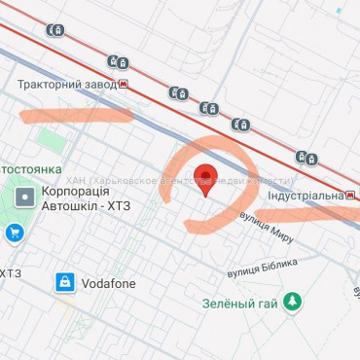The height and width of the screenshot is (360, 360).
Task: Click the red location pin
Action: point(204,178)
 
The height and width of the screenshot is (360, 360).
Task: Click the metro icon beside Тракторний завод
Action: point(124,85)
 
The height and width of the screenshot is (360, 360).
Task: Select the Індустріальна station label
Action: point(305,195)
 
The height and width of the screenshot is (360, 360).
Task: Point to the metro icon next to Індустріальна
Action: point(350,195)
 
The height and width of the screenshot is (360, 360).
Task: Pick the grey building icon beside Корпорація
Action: point(24,200)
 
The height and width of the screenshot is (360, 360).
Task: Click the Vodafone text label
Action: point(108,283)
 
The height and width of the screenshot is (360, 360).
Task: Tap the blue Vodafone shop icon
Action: point(65,283)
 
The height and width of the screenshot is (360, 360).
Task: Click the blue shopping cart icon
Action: point(14,233)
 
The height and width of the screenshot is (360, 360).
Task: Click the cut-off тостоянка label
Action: point(33,167)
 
